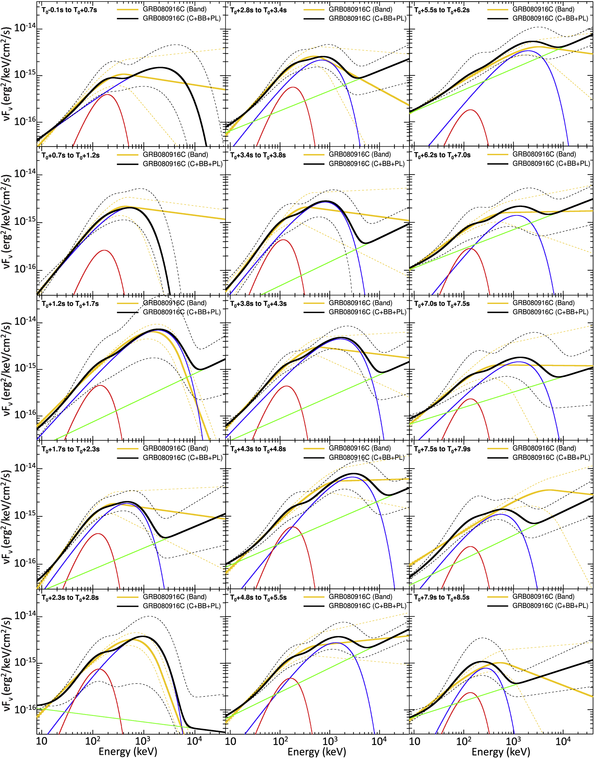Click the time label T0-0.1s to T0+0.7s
(69, 10)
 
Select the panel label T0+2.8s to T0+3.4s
(258, 10)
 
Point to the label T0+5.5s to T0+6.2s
(442, 10)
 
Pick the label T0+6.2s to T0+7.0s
(442, 155)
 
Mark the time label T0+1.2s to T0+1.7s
(70, 304)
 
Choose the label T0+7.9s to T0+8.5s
(442, 598)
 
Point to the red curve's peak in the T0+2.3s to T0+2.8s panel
(99, 669)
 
